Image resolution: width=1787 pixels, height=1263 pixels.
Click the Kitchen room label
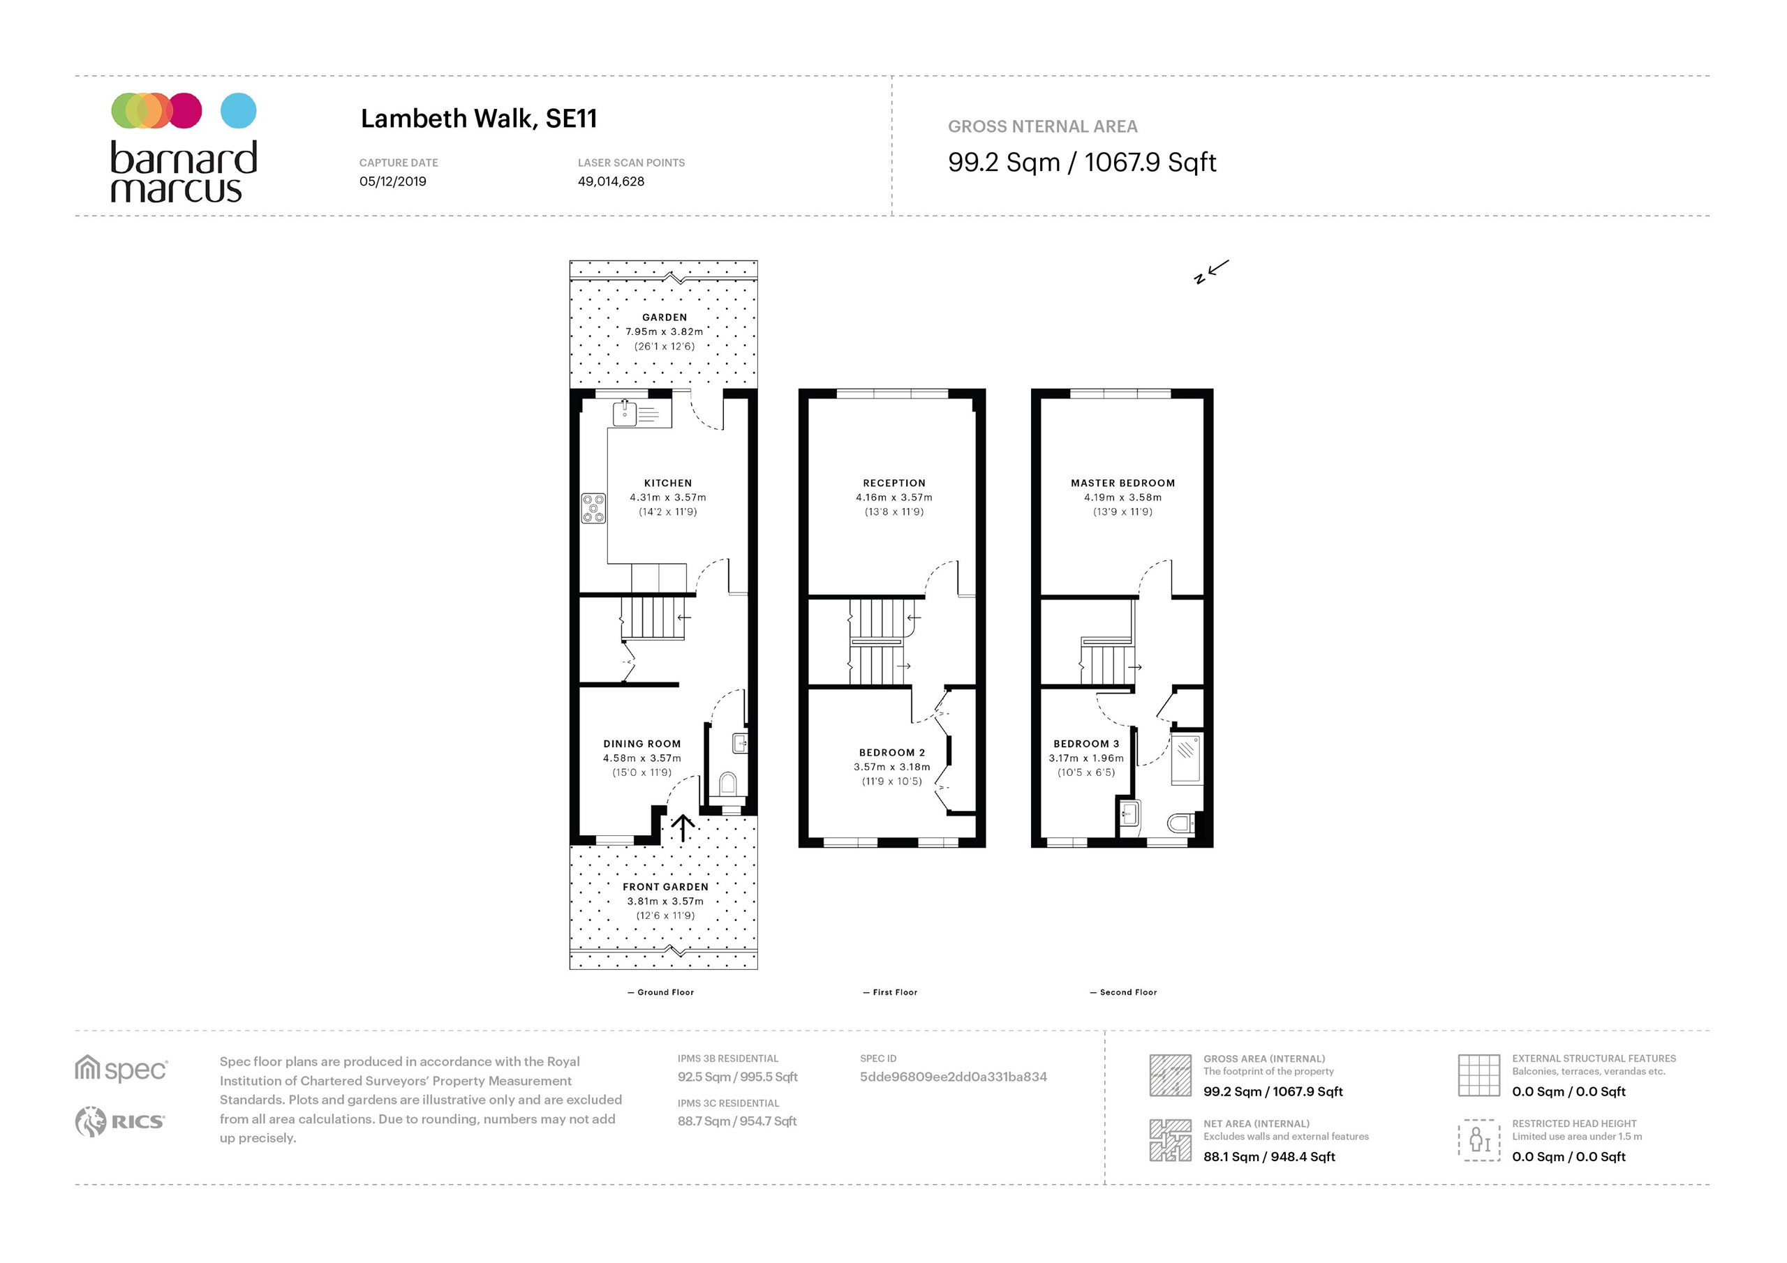point(668,484)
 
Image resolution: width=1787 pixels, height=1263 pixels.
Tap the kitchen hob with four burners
point(594,508)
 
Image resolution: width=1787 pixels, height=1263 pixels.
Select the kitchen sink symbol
point(625,413)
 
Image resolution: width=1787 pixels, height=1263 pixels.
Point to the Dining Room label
point(642,744)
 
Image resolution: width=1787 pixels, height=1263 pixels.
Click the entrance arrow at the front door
point(683,828)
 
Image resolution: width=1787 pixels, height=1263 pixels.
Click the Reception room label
point(894,484)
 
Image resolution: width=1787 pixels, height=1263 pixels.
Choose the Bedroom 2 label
point(892,752)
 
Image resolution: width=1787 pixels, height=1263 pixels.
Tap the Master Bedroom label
point(1123,484)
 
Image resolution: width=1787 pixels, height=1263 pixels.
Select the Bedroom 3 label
point(1087,744)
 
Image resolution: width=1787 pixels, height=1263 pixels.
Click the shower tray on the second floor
point(1185,757)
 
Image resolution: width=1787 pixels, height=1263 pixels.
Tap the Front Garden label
point(665,887)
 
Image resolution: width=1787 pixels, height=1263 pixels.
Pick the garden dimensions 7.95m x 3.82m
point(665,332)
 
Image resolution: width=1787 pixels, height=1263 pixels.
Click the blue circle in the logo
point(238,110)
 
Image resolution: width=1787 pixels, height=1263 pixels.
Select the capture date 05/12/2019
point(393,181)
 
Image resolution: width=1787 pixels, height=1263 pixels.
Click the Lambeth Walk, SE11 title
point(479,119)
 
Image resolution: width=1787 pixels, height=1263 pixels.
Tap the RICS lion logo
point(90,1121)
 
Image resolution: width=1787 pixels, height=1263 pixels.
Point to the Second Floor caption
point(1129,992)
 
